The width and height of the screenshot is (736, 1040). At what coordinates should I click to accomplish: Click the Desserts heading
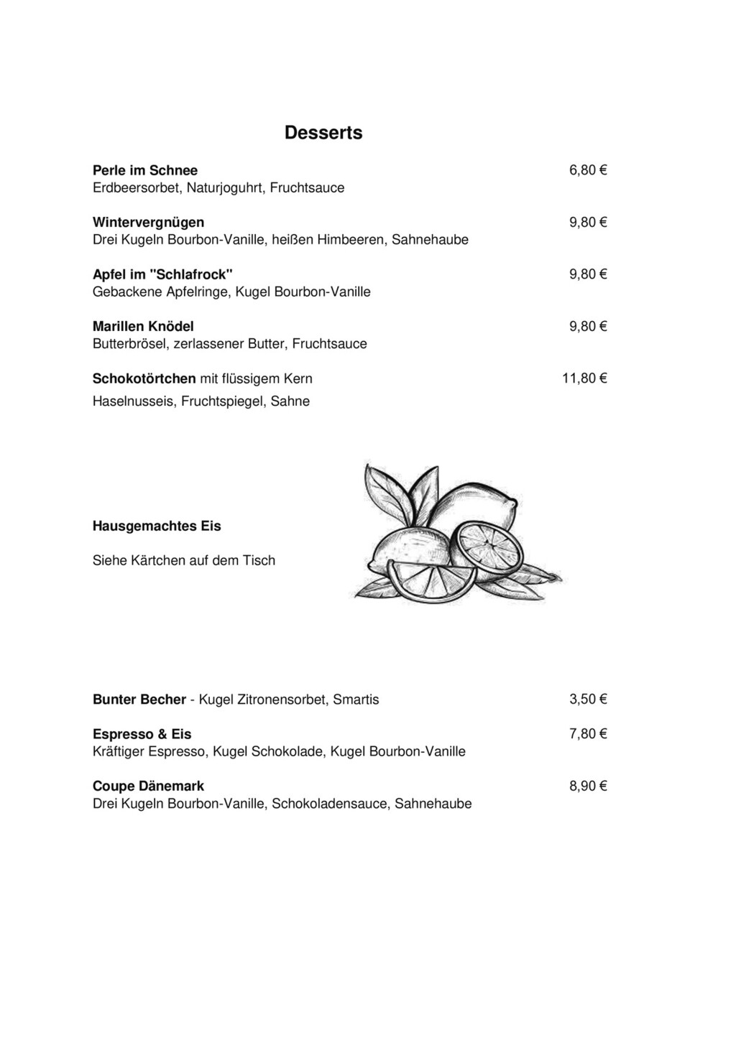tap(323, 133)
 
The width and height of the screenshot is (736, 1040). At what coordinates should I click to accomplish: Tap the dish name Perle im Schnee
tap(145, 170)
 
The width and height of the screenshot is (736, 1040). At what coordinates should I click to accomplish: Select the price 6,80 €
tap(588, 170)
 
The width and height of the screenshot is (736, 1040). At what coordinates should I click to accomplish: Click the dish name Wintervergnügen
tap(148, 222)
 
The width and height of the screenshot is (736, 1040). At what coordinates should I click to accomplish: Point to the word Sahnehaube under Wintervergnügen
tap(430, 239)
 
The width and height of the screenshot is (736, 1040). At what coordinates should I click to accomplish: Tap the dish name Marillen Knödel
tap(143, 326)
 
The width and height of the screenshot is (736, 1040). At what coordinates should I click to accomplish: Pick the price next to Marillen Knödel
tap(588, 326)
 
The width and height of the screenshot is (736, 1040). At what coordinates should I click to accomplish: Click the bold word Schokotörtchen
tap(144, 379)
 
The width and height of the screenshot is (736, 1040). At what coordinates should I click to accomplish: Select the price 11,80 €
tap(584, 379)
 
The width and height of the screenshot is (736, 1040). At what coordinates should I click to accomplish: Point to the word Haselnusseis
tap(133, 401)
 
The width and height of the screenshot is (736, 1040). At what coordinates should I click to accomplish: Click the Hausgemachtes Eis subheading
tap(157, 526)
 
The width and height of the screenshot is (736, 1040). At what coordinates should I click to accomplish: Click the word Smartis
tap(356, 700)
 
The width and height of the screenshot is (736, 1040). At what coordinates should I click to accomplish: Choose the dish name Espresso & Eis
tap(142, 734)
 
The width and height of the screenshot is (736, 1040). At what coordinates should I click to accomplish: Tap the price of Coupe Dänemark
tap(588, 786)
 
